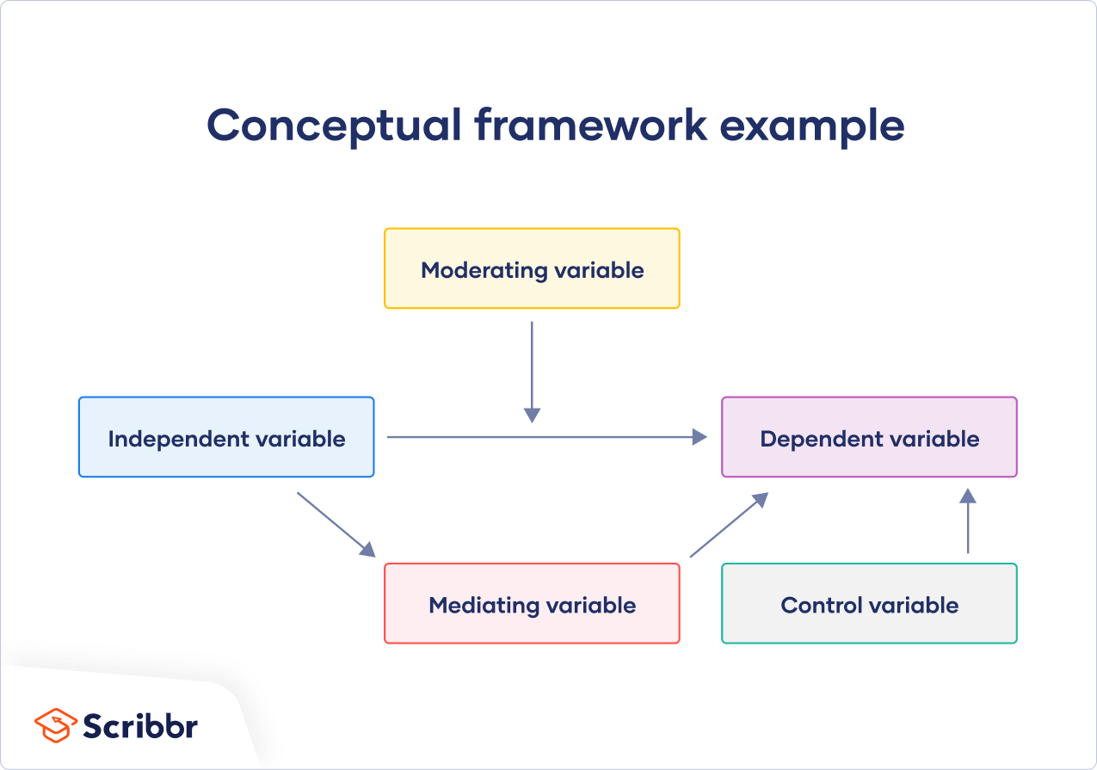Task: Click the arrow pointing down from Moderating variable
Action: [532, 370]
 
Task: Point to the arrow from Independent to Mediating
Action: [336, 524]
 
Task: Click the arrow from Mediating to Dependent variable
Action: [728, 526]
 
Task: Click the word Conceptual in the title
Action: [334, 126]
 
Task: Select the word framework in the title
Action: [590, 126]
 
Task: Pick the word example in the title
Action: [811, 126]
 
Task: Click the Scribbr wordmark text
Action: [140, 725]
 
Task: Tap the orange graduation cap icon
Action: [56, 724]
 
